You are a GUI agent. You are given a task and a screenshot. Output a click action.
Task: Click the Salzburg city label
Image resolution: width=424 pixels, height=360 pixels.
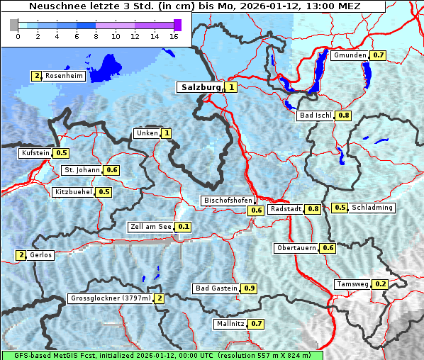201,87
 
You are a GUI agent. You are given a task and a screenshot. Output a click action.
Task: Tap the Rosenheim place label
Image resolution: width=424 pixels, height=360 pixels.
64,75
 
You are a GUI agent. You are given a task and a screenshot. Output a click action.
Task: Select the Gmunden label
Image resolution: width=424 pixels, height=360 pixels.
350,55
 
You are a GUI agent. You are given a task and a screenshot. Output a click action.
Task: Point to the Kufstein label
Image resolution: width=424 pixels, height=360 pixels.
35,152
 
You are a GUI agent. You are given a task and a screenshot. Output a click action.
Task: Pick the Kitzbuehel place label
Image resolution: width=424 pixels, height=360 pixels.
73,191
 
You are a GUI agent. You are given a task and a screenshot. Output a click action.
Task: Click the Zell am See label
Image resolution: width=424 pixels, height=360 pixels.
150,227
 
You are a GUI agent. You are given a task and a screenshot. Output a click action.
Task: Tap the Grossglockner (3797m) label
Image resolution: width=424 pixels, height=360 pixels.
111,298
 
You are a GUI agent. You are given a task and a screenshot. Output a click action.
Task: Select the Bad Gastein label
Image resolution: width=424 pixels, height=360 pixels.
216,288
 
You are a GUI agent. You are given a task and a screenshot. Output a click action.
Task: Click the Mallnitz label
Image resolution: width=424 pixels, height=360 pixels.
230,324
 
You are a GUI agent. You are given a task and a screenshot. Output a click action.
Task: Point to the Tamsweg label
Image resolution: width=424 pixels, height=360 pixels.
353,284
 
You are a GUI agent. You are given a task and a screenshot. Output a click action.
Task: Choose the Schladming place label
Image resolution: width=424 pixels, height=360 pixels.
372,208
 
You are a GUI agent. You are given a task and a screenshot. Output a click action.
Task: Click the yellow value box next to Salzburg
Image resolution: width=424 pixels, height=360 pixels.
232,87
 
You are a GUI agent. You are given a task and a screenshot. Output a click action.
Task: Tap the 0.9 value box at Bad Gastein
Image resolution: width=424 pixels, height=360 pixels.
249,288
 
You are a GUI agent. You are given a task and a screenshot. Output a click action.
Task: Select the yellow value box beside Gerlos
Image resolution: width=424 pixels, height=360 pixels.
21,255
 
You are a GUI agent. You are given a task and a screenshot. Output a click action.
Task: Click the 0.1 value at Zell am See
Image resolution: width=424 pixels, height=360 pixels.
184,227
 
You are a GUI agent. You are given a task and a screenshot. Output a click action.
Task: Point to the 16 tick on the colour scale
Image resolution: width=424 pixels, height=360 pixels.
173,36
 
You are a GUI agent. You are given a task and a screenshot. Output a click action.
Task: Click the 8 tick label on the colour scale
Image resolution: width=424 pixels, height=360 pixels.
95,36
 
